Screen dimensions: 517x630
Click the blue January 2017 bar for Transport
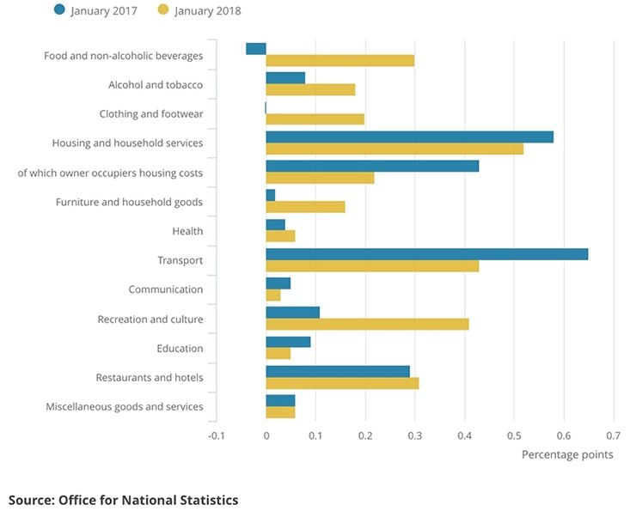pyautogui.click(x=426, y=253)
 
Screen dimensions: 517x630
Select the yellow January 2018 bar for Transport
pyautogui.click(x=372, y=266)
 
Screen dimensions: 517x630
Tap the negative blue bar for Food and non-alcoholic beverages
pyautogui.click(x=256, y=48)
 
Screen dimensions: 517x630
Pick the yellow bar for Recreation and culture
pyautogui.click(x=367, y=325)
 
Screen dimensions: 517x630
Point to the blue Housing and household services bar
pyautogui.click(x=409, y=137)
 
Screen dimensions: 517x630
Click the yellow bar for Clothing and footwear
pyautogui.click(x=315, y=119)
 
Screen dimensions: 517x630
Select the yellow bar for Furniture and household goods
pyautogui.click(x=305, y=207)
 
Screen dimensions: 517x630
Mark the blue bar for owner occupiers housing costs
pyautogui.click(x=372, y=166)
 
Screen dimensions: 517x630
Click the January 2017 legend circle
pyautogui.click(x=58, y=10)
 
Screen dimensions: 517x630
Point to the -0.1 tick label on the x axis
pyautogui.click(x=217, y=435)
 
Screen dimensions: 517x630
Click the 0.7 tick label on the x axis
pyautogui.click(x=614, y=435)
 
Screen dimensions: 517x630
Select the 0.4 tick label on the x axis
pyautogui.click(x=465, y=435)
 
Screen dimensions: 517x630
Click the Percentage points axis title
pyautogui.click(x=567, y=454)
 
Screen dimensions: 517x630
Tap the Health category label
pyautogui.click(x=187, y=231)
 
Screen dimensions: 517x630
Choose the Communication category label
pyautogui.click(x=166, y=290)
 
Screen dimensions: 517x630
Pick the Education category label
pyautogui.click(x=180, y=349)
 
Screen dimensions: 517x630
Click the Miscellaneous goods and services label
pyautogui.click(x=125, y=406)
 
